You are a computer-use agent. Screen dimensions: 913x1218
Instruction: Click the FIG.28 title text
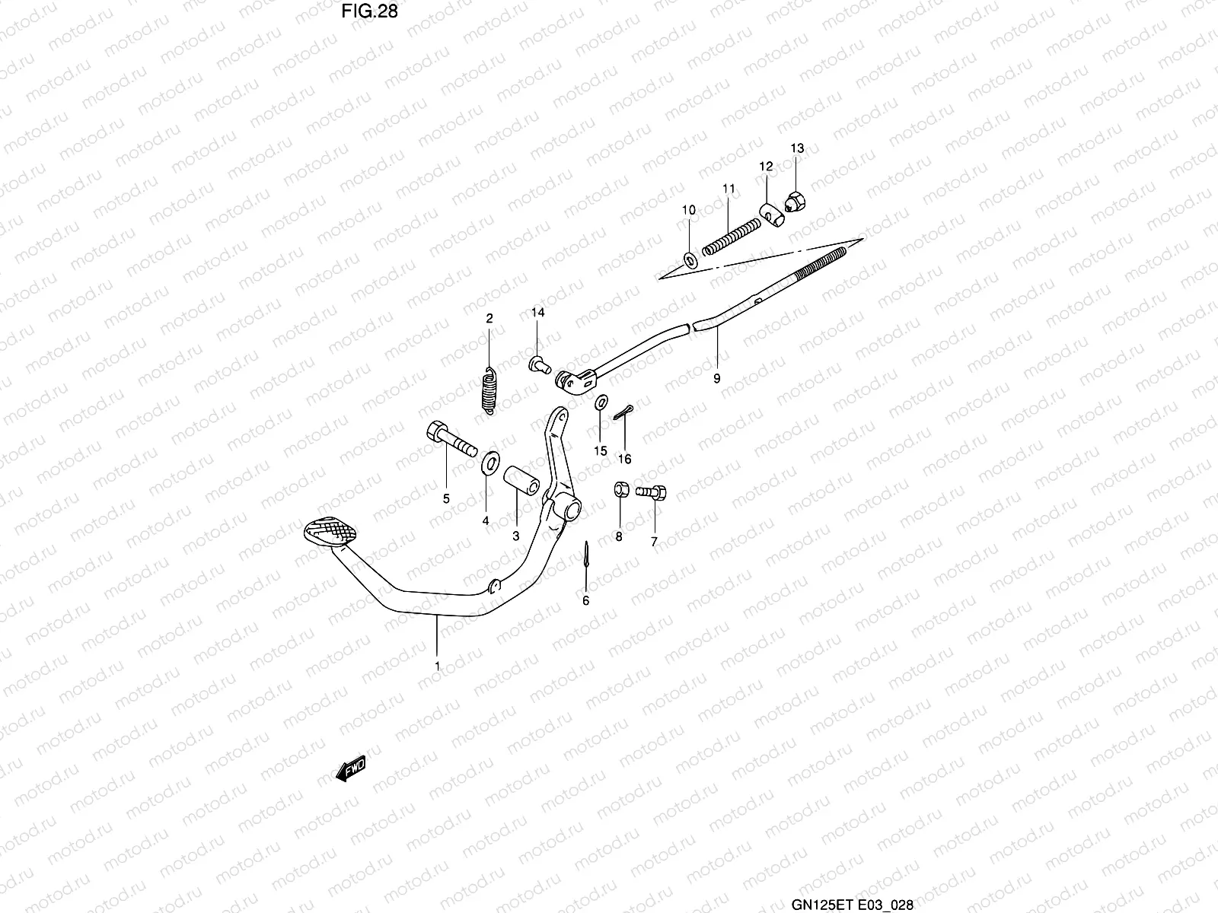tap(369, 11)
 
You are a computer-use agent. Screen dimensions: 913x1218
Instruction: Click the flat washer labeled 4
tap(488, 461)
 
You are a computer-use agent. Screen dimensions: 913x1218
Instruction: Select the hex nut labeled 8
tap(620, 489)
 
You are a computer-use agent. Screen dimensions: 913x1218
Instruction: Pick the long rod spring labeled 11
tap(731, 235)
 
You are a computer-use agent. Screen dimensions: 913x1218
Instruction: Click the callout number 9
tap(716, 378)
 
